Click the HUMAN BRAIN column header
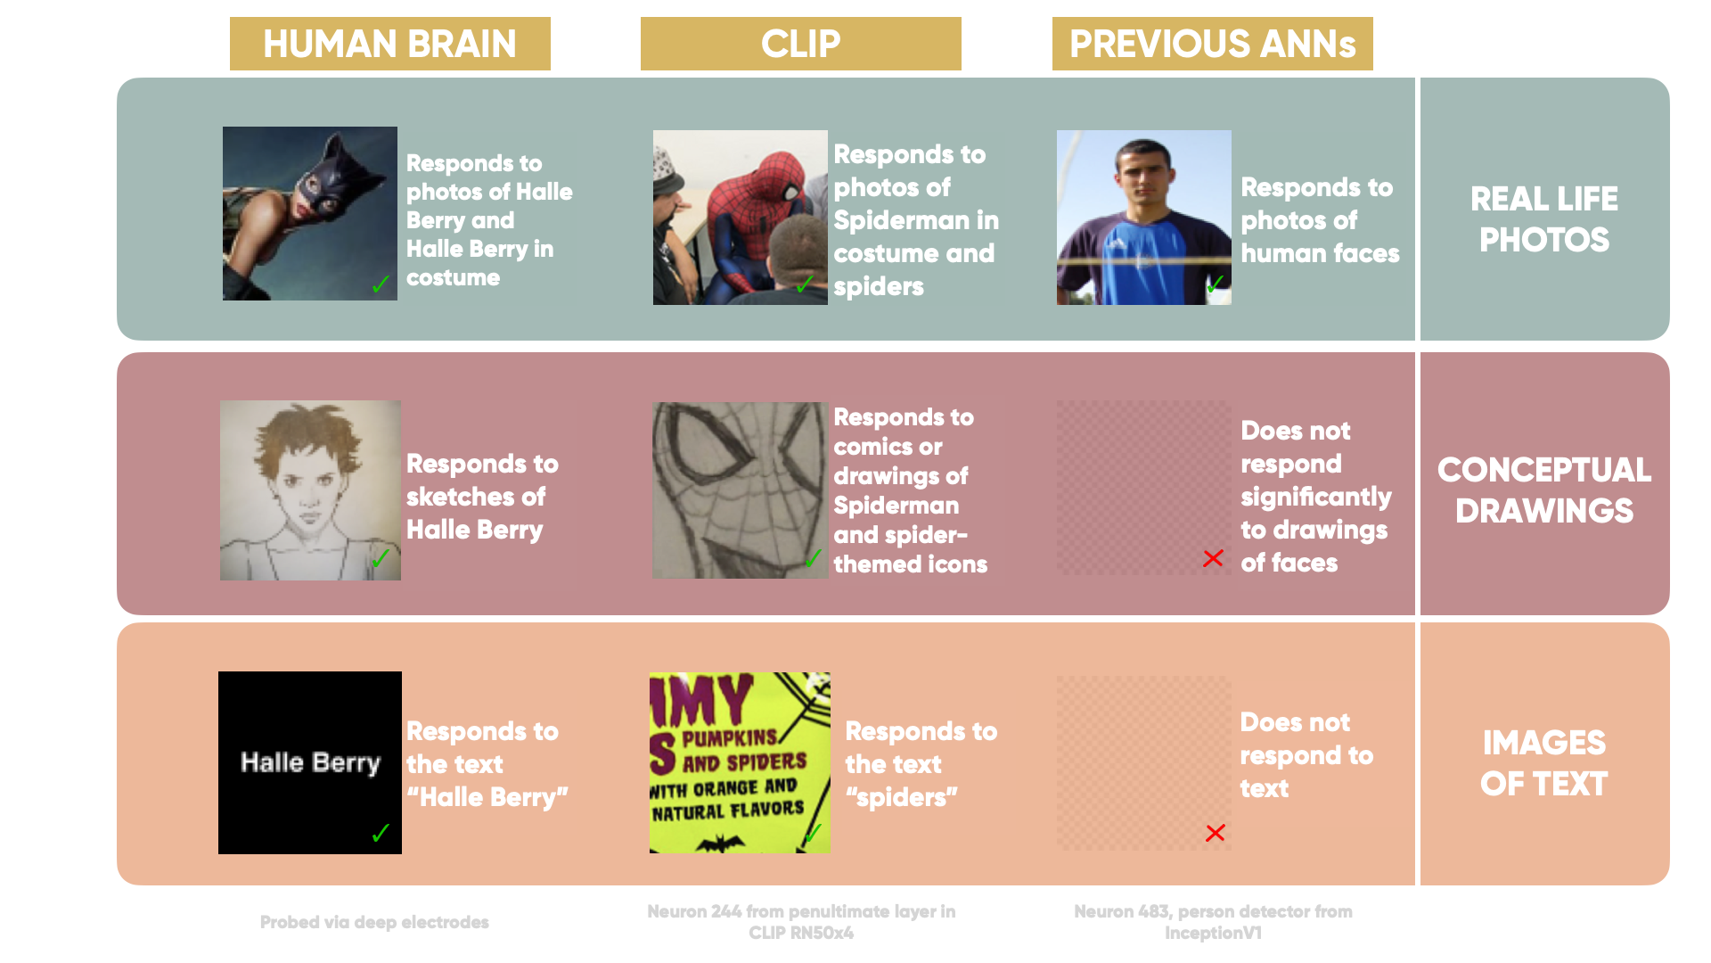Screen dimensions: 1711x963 389,44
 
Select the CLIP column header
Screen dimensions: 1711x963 800,44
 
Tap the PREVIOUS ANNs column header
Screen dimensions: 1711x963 1212,44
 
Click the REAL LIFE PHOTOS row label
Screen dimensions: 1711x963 1543,218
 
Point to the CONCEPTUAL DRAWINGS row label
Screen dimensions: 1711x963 1543,490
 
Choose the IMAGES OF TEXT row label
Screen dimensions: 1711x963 1543,762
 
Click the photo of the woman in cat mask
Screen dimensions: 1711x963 309,213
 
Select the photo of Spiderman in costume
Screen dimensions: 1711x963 740,218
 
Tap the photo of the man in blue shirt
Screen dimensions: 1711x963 1143,218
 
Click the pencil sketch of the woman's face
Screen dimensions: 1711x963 310,490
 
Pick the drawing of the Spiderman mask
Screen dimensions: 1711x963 740,490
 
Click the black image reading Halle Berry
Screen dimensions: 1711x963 309,762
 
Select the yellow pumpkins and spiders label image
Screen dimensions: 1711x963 740,762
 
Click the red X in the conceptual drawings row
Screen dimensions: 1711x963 1213,558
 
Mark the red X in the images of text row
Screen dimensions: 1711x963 1215,833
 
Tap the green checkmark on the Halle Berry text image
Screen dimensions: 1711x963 381,833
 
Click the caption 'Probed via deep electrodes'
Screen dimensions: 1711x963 374,922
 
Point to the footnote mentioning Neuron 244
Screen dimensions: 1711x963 800,922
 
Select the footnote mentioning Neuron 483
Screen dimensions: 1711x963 1212,922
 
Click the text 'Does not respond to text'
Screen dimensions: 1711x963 1306,754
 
